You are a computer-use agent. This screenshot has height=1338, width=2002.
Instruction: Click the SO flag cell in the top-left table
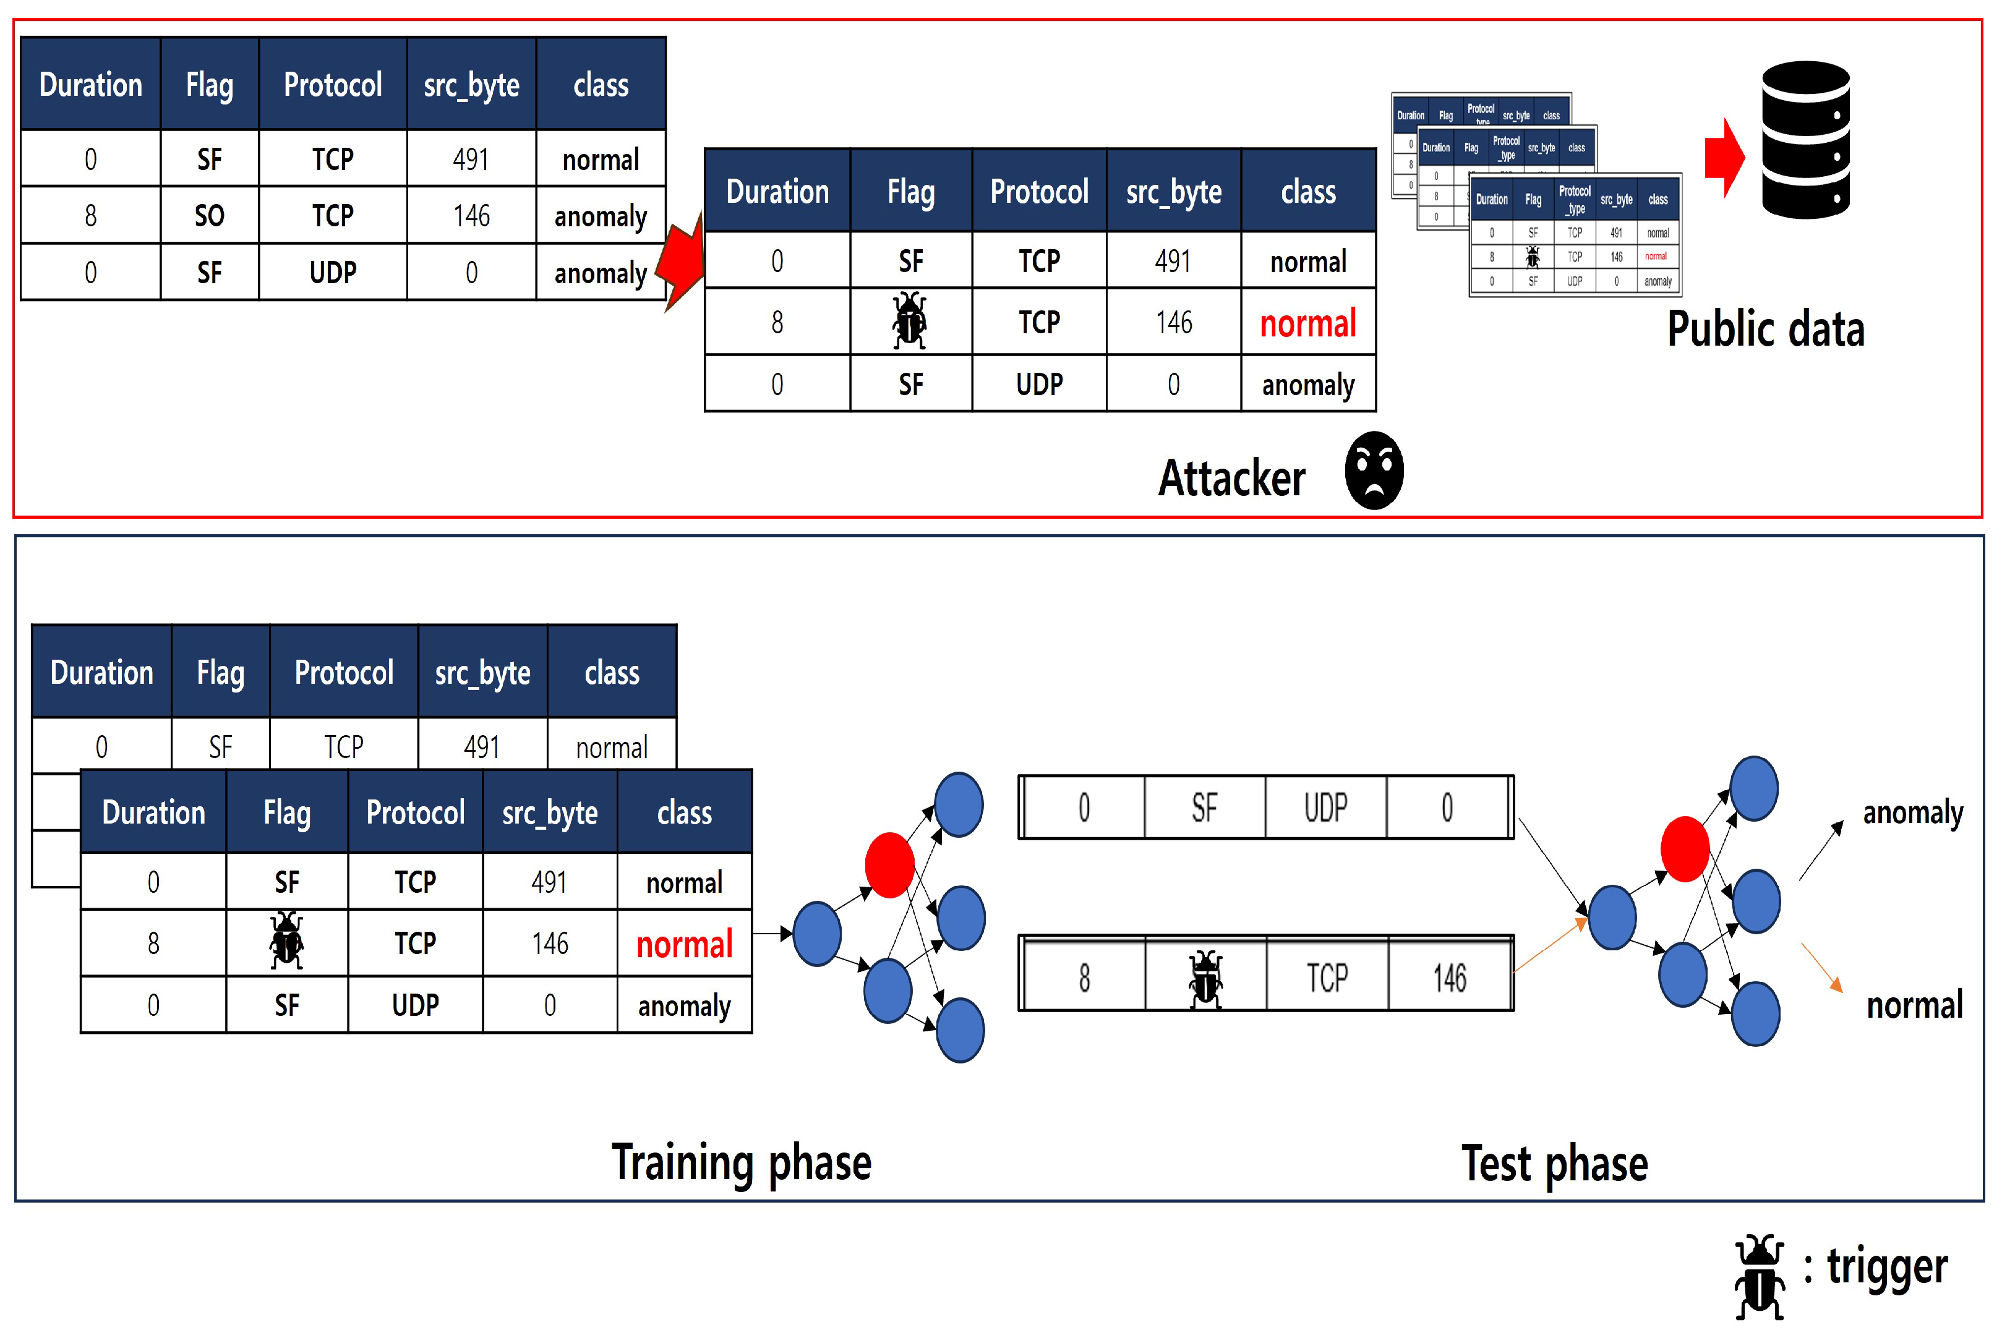[209, 216]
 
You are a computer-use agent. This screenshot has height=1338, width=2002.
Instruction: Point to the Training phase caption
[741, 1163]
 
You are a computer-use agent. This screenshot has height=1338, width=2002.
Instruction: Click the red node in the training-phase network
[889, 865]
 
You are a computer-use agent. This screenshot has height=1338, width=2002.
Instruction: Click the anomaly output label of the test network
[1912, 813]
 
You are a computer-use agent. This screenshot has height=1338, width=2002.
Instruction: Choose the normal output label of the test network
[1914, 1006]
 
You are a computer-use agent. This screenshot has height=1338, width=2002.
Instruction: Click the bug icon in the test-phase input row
[1204, 979]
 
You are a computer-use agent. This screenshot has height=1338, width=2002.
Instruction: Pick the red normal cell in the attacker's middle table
[1307, 323]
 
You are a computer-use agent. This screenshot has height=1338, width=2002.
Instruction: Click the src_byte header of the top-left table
[471, 85]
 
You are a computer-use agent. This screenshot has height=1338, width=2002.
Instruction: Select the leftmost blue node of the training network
[816, 934]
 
